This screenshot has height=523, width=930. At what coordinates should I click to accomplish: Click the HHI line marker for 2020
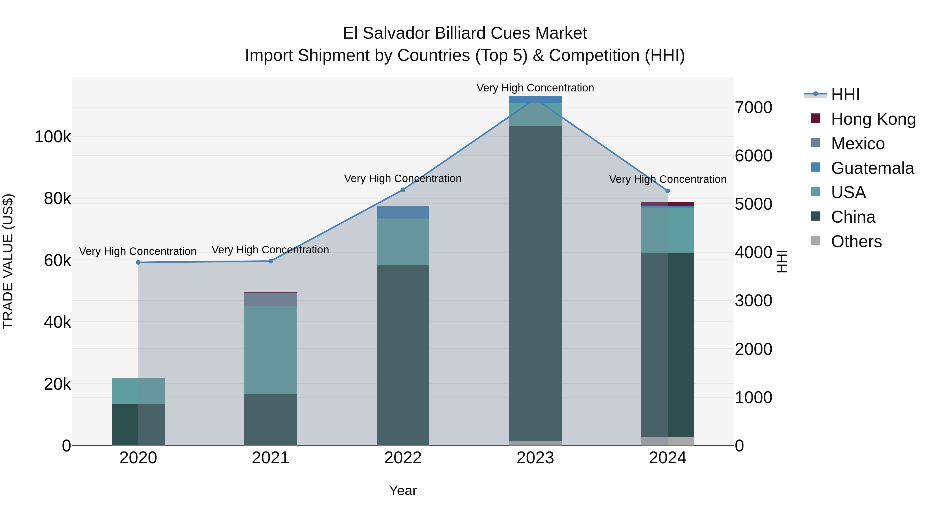(138, 262)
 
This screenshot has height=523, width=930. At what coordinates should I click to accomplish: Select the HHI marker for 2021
(271, 261)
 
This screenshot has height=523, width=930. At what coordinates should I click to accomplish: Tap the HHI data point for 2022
(403, 190)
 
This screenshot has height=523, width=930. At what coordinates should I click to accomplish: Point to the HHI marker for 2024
(668, 191)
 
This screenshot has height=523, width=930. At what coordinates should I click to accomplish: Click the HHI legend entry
(845, 95)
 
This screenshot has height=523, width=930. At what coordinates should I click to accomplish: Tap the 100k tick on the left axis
(53, 137)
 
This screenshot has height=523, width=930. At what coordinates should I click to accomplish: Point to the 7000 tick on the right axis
(754, 107)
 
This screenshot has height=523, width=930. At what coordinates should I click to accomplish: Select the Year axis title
(403, 490)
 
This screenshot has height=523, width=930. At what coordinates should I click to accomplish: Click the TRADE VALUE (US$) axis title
(8, 261)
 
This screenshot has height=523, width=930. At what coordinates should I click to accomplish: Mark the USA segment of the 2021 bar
(271, 350)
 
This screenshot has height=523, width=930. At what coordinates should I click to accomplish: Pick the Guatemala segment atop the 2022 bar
(403, 213)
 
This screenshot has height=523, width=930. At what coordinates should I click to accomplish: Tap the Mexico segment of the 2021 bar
(271, 300)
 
